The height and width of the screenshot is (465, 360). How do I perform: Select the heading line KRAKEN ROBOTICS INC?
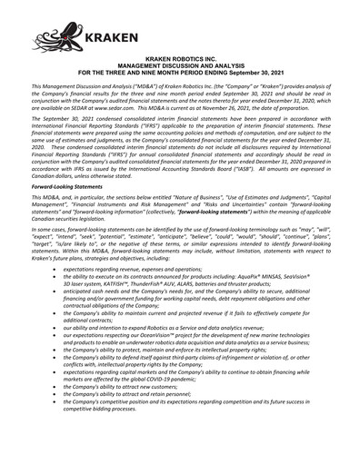(x=180, y=82)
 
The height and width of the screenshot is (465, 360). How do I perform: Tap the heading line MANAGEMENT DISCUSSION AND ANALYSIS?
(x=180, y=88)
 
